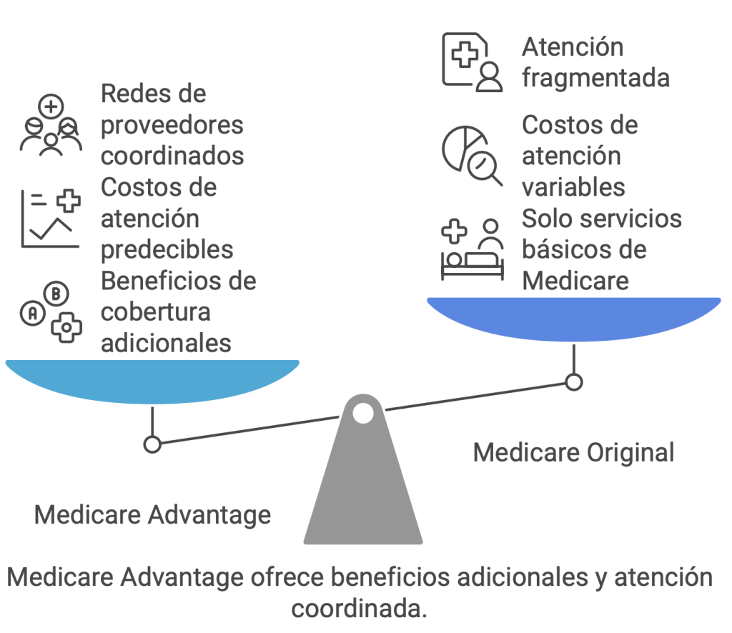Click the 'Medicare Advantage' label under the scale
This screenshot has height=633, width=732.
(x=153, y=515)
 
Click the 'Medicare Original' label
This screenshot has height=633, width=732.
(x=574, y=453)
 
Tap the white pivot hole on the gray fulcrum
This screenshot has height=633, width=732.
(x=363, y=413)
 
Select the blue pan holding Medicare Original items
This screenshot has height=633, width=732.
(x=574, y=319)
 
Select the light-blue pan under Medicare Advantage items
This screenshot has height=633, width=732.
(x=152, y=381)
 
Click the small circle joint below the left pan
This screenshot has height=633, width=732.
(x=152, y=444)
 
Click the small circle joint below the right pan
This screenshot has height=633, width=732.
(x=574, y=382)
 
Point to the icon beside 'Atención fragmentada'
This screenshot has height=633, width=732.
(x=472, y=61)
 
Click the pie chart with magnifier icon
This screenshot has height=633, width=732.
(x=472, y=155)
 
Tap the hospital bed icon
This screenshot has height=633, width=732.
(x=473, y=249)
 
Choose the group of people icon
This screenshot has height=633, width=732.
(x=51, y=124)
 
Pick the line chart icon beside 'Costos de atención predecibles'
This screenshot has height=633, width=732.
(x=51, y=219)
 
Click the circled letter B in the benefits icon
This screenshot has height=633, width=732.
(x=56, y=294)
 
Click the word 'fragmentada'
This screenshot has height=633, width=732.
(x=595, y=78)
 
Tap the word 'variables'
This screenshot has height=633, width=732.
(x=573, y=187)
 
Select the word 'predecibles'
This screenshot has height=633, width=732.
(x=167, y=250)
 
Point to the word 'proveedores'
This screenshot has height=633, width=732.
(x=172, y=126)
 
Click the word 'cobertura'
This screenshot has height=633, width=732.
(x=155, y=312)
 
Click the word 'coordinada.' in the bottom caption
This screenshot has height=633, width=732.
(x=359, y=609)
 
